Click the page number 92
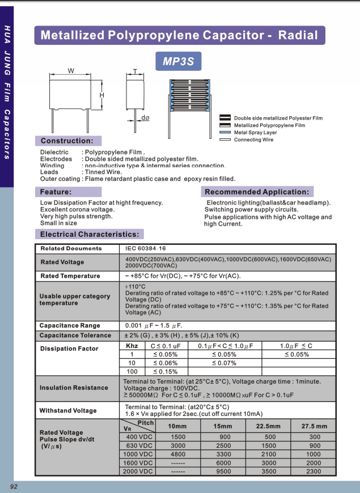tap(14, 487)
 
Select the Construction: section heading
tap(67, 141)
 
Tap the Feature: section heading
tap(56, 192)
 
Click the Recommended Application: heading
tap(257, 192)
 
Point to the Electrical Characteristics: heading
tap(90, 234)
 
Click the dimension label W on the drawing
tap(71, 71)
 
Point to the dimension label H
tap(102, 95)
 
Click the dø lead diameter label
tap(145, 118)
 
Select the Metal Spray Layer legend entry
tap(255, 133)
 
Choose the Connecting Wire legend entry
tap(253, 139)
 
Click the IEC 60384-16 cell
tap(146, 248)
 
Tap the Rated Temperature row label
tap(70, 276)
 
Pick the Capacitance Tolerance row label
tap(75, 335)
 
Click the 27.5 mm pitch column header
tap(314, 426)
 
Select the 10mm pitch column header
tap(177, 426)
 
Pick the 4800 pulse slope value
tap(178, 454)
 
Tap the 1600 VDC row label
tap(138, 463)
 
